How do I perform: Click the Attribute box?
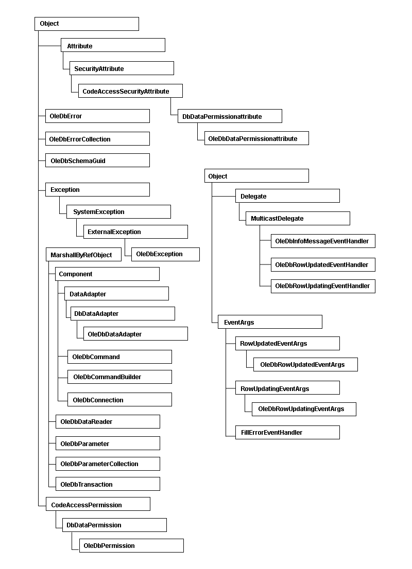(113, 45)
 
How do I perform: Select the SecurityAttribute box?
(122, 68)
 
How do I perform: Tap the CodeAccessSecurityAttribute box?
(130, 91)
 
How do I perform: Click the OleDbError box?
(97, 116)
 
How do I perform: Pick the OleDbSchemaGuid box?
(97, 160)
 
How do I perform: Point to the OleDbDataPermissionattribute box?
(256, 138)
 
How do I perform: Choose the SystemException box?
(119, 211)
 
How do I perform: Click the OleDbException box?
(165, 254)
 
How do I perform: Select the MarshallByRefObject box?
(83, 254)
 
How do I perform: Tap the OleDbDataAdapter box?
(135, 333)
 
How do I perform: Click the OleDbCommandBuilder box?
(119, 377)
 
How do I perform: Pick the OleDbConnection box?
(119, 399)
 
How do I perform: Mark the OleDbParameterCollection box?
(108, 464)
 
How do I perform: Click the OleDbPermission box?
(131, 545)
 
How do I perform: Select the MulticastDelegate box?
(298, 218)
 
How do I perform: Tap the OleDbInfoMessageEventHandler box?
(323, 241)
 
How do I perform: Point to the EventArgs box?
(270, 322)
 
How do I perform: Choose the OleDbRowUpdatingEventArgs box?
(304, 409)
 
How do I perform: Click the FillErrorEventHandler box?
(288, 432)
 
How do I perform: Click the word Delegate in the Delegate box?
(253, 197)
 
